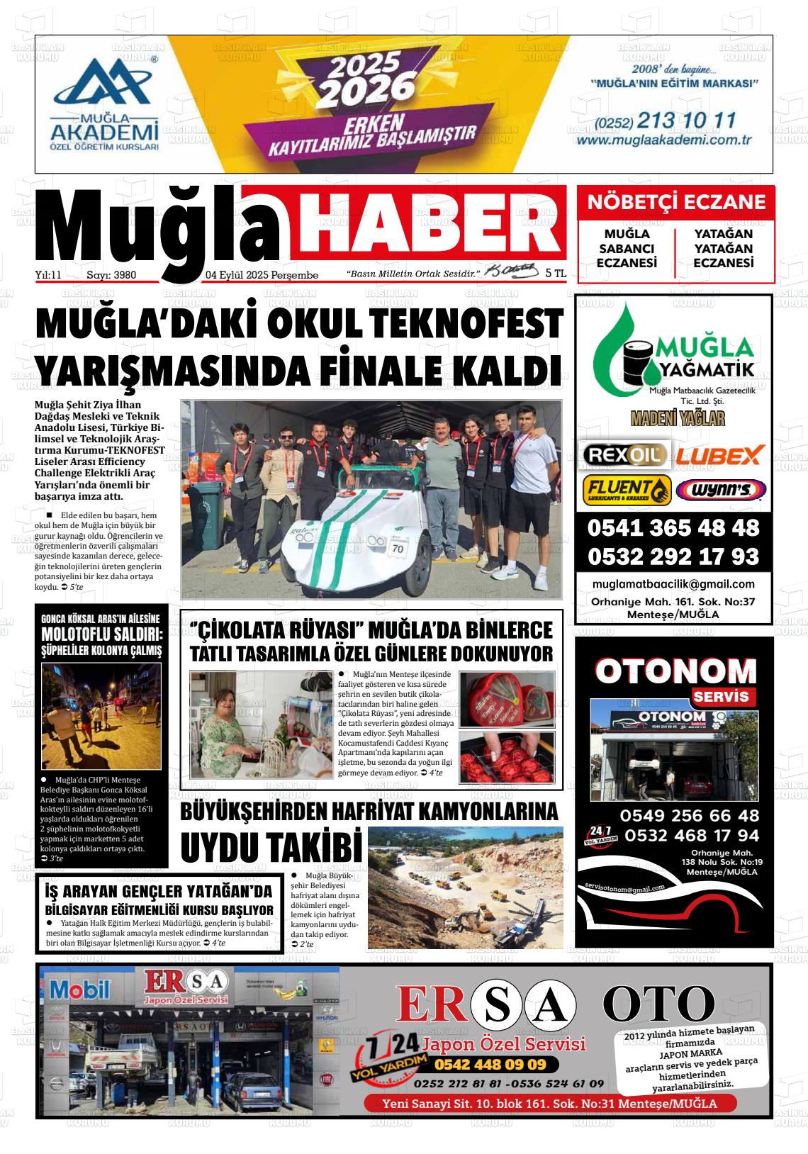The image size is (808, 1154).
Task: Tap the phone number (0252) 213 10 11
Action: [x=666, y=121]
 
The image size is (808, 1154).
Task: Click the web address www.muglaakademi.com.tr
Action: [x=664, y=140]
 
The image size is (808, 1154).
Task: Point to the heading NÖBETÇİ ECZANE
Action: [x=676, y=202]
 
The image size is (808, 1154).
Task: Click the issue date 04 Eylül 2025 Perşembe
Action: [x=262, y=275]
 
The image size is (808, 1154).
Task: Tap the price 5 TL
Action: [x=556, y=273]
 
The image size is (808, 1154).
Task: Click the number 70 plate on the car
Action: [x=398, y=548]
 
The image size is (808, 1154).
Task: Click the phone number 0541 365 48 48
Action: [x=673, y=528]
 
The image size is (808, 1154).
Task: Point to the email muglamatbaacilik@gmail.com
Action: [x=673, y=584]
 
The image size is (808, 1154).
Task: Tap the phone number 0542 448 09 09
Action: [x=490, y=1065]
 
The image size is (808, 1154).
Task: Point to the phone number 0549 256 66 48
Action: [x=689, y=815]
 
